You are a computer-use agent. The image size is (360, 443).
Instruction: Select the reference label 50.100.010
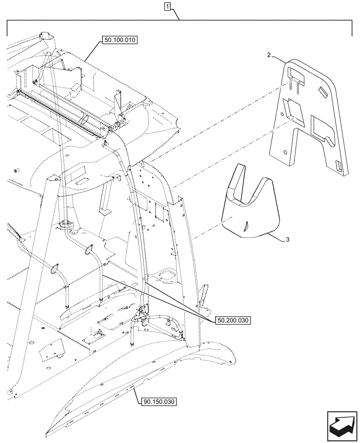point(120,40)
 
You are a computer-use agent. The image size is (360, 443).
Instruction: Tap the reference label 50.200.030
point(233,320)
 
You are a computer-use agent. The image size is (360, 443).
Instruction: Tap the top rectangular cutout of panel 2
point(296,77)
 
